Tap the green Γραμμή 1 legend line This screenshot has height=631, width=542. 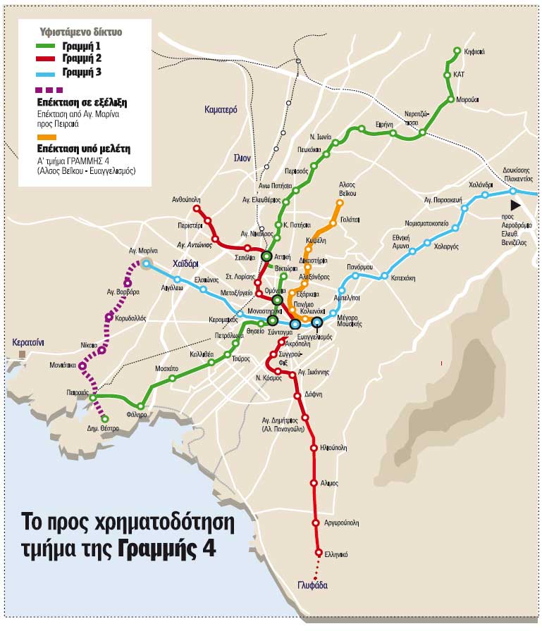[47, 46]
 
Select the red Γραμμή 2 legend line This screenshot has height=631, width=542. [47, 58]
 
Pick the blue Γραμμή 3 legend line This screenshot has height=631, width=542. [47, 72]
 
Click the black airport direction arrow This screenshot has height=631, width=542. [517, 204]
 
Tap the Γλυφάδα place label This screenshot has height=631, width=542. [309, 585]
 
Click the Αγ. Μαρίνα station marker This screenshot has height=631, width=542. [146, 264]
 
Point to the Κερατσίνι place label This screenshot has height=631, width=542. [28, 342]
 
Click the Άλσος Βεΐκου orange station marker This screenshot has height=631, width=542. [340, 204]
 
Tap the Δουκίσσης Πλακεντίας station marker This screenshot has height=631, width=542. [513, 191]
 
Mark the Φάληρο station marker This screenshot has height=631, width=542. [141, 406]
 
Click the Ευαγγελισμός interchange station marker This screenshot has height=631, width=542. [317, 323]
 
